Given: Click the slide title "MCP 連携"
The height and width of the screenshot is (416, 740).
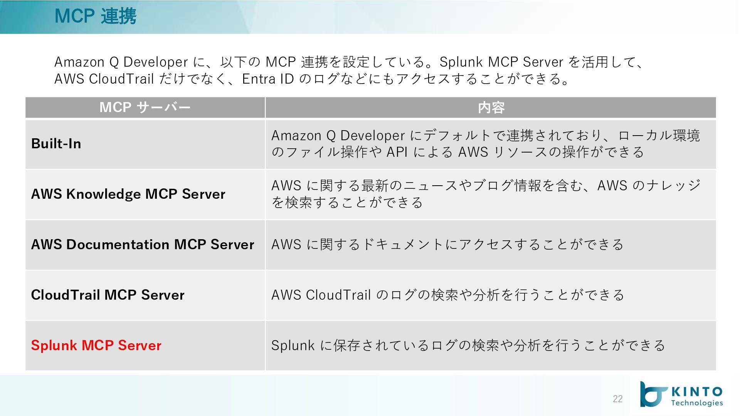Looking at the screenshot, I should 95,16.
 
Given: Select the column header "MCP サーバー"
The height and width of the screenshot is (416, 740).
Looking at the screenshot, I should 145,107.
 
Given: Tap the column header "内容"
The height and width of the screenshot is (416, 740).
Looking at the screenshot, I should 491,107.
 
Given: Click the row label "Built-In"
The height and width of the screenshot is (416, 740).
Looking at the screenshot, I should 56,144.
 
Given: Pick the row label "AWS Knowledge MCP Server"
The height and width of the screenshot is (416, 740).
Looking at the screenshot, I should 128,194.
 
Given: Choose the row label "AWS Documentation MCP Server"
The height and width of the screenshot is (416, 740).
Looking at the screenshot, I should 143,244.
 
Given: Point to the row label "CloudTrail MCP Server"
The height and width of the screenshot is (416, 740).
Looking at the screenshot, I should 108,295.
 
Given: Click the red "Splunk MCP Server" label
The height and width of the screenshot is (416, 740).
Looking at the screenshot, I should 96,345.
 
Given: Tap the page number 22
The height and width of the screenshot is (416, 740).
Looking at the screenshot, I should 617,399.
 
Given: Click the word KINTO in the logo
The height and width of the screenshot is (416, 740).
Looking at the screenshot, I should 697,392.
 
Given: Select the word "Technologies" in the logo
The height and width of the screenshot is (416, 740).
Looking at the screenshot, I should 697,403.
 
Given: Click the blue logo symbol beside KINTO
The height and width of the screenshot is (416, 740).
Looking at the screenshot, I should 653,394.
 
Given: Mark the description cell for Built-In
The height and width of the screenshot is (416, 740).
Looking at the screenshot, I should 486,144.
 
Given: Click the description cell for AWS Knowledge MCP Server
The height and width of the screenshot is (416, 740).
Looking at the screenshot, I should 486,194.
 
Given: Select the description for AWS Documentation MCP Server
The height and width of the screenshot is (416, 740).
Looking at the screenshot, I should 447,244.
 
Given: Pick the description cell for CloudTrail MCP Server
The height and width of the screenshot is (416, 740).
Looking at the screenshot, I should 447,295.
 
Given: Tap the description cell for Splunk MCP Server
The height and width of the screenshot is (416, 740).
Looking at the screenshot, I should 468,345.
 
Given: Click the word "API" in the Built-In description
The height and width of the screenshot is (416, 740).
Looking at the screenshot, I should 397,152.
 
